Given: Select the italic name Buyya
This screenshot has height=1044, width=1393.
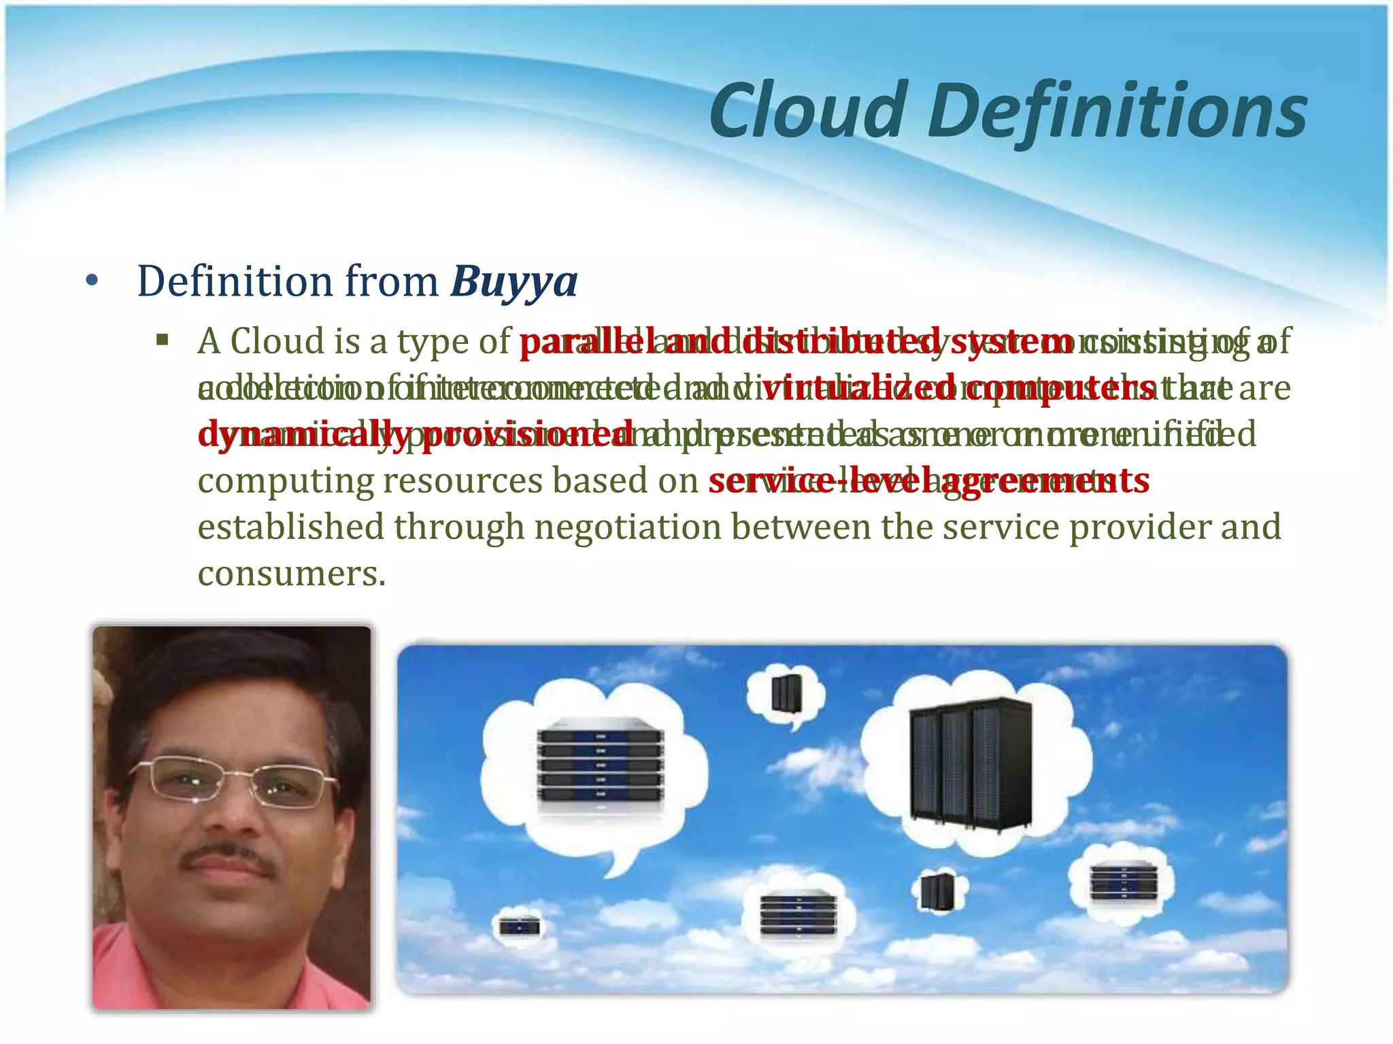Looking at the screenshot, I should pyautogui.click(x=514, y=281).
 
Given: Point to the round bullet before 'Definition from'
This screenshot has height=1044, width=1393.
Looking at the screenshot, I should pyautogui.click(x=93, y=281).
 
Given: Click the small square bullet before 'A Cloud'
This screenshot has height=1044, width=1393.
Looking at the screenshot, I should pyautogui.click(x=162, y=340).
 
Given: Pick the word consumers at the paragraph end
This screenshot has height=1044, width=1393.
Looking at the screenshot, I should pyautogui.click(x=291, y=574).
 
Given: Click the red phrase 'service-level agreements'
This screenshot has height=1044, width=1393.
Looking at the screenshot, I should pyautogui.click(x=928, y=481).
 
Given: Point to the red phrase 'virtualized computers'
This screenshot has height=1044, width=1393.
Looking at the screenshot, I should pyautogui.click(x=959, y=389).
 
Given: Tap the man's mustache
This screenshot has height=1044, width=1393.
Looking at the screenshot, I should pyautogui.click(x=228, y=858).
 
